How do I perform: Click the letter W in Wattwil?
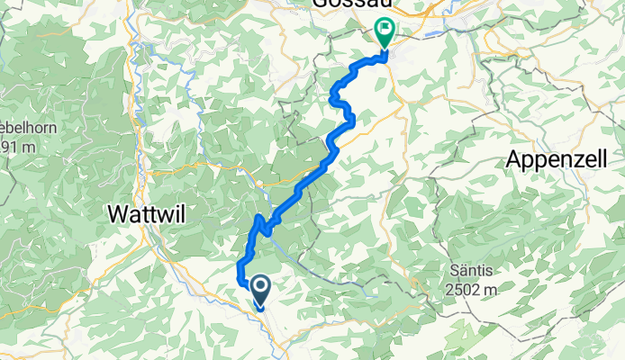(x=119, y=214)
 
